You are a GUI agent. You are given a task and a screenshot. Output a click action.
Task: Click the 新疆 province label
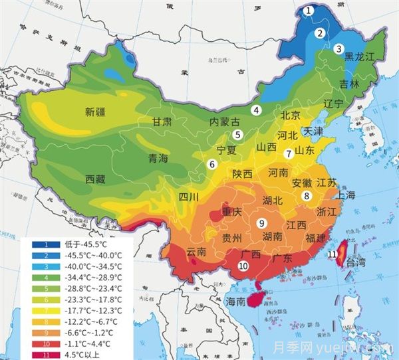(97, 112)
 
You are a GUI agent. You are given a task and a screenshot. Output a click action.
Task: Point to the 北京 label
(291, 115)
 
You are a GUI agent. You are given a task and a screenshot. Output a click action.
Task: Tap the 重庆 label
(233, 213)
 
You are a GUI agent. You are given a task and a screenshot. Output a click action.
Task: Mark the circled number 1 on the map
(308, 11)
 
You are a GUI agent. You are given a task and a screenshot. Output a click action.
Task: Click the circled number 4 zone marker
(256, 110)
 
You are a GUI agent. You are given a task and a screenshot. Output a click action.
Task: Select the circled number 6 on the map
(211, 164)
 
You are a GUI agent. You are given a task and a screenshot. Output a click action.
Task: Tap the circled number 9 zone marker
(262, 223)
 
